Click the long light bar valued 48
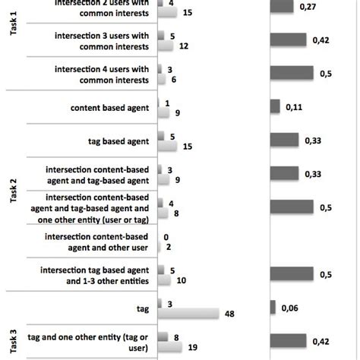[x=188, y=312]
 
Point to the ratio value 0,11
[x=295, y=107]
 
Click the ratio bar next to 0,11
[x=275, y=107]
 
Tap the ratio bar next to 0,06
[x=273, y=308]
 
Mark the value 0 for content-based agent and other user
[x=166, y=236]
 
